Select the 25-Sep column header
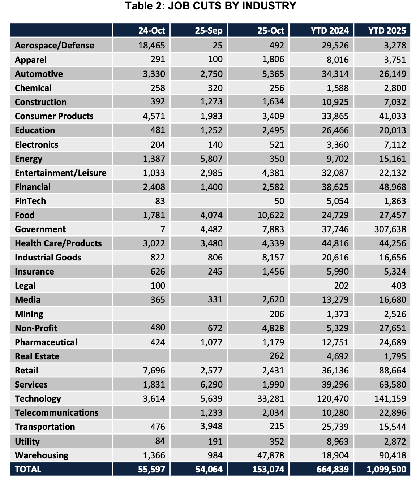[209, 30]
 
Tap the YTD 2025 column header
[387, 30]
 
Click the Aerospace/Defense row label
[54, 46]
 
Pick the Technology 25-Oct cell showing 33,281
[270, 399]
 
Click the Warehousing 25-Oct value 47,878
[270, 455]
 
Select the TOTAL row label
[28, 470]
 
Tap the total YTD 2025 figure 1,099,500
[386, 470]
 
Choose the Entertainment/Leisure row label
[61, 173]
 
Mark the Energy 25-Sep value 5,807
[211, 159]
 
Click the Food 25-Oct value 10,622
[270, 215]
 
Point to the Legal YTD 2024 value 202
[341, 286]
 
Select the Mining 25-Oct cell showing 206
[277, 314]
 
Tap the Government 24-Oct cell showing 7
[163, 229]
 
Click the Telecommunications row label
[57, 413]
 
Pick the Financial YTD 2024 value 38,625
[335, 187]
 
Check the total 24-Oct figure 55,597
[151, 470]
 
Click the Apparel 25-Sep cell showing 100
[215, 60]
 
